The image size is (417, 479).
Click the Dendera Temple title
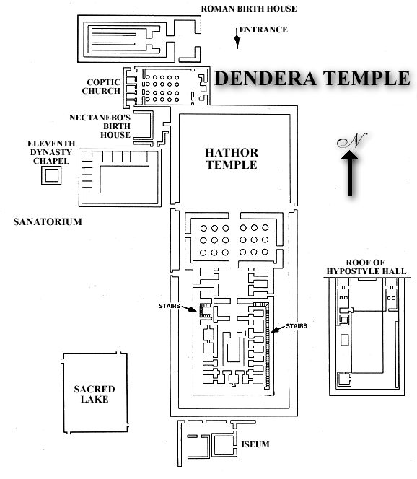click(312, 78)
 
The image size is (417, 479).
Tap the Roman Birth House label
click(249, 9)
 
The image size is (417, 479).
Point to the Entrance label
click(263, 30)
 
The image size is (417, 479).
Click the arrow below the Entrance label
click(237, 38)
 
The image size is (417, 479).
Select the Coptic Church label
click(101, 87)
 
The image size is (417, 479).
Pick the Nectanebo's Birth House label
click(100, 126)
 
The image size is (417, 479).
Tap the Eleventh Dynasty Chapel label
click(51, 152)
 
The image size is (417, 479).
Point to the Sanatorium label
click(48, 221)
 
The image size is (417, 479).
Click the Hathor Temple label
click(232, 159)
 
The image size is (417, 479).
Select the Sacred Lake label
click(95, 394)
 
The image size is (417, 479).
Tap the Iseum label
click(255, 444)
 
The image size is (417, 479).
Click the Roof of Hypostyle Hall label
click(366, 267)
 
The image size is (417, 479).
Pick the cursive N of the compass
click(352, 140)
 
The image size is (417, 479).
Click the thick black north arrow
click(350, 173)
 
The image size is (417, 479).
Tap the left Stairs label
click(170, 306)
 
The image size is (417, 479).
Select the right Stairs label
click(297, 326)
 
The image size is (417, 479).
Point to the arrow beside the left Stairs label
click(189, 309)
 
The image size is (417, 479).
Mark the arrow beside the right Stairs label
click(278, 329)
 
